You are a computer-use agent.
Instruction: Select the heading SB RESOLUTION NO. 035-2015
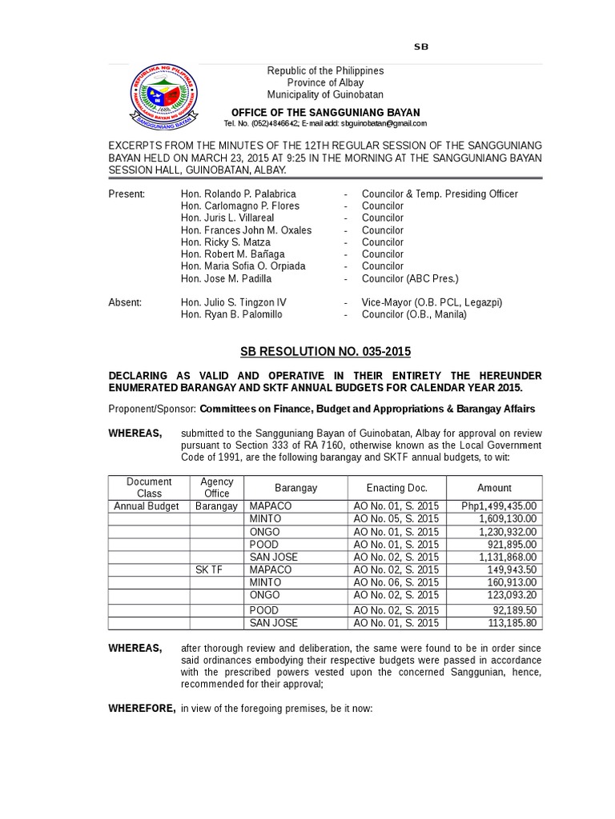pos(325,351)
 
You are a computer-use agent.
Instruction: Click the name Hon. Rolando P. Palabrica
pos(239,194)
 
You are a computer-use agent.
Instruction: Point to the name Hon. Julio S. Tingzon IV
pos(233,302)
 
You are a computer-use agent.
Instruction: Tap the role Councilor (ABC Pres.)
pos(410,278)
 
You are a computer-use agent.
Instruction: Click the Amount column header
pos(494,488)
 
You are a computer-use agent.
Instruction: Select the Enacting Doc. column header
pos(396,488)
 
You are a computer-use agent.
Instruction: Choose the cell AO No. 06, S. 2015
pos(396,582)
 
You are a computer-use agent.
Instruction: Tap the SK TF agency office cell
pos(209,569)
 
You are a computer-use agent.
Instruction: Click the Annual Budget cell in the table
pos(147,506)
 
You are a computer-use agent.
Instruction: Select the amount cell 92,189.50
pos(512,609)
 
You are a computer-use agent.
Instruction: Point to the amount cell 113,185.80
pos(509,623)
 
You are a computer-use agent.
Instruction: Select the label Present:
pos(127,194)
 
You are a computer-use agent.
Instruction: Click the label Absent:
pos(125,302)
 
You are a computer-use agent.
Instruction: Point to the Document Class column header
pos(149,487)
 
